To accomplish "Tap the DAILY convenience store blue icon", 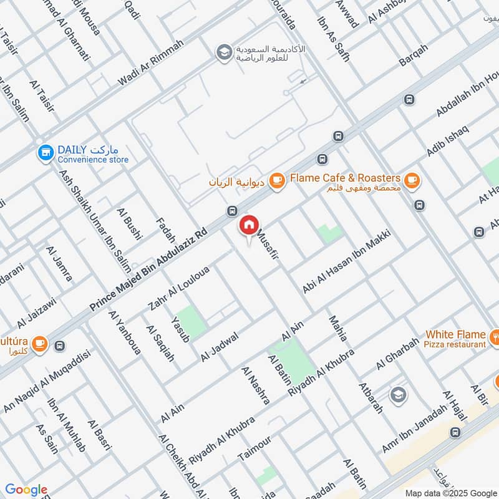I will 45,152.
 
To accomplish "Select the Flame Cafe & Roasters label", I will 344,178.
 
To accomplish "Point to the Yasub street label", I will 180,328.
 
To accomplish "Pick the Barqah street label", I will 414,57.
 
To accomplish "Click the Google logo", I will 26,490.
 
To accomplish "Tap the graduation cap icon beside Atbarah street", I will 397,394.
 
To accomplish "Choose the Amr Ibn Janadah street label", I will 415,430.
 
